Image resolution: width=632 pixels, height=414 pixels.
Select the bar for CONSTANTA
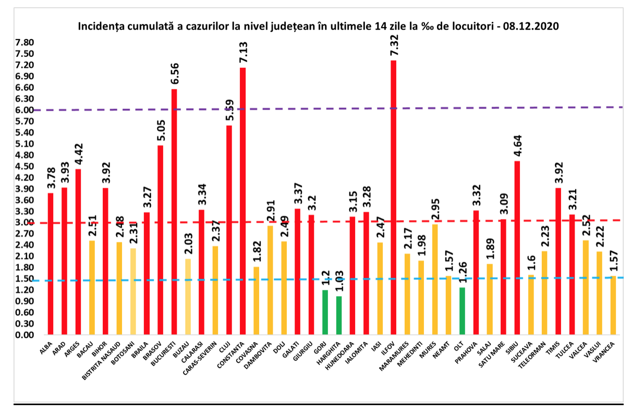243,201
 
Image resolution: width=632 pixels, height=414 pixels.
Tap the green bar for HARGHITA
338,315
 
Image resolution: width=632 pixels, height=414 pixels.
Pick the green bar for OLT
462,311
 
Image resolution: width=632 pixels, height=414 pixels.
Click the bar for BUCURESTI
174,211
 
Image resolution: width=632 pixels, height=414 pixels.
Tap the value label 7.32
394,46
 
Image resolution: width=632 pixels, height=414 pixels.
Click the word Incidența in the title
100,26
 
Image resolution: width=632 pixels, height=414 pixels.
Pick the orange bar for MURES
434,279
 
